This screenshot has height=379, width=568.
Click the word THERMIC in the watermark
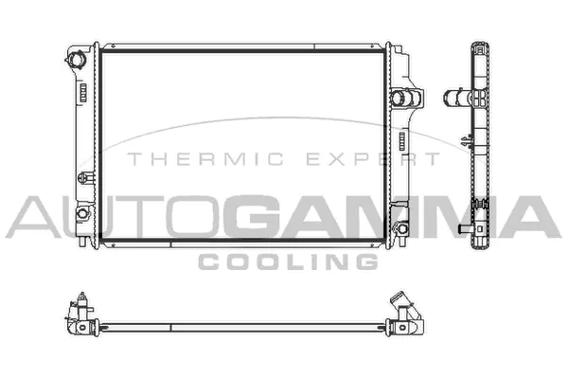tap(205, 159)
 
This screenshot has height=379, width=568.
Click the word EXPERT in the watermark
tap(373, 159)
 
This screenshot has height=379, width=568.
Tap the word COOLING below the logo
tap(288, 262)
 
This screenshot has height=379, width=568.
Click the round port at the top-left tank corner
tap(76, 60)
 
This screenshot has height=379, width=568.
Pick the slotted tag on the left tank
tap(83, 92)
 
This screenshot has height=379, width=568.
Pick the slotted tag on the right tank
tap(402, 141)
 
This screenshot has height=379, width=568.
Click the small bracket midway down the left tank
tap(86, 178)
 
